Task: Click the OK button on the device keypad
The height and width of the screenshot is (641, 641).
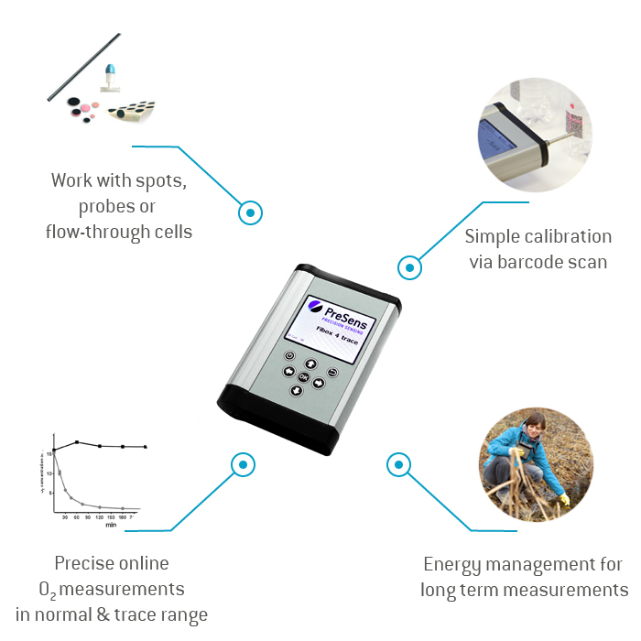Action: [x=303, y=375]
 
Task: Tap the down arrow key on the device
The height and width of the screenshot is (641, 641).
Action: [x=296, y=391]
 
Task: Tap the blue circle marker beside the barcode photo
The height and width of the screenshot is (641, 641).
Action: [x=409, y=268]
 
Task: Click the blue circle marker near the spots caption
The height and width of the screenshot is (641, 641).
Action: [x=249, y=212]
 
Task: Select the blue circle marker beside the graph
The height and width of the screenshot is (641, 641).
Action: [x=242, y=463]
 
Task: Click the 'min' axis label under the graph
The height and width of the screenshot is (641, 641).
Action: [x=110, y=526]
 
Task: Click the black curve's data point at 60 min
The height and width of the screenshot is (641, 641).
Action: [x=78, y=441]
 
